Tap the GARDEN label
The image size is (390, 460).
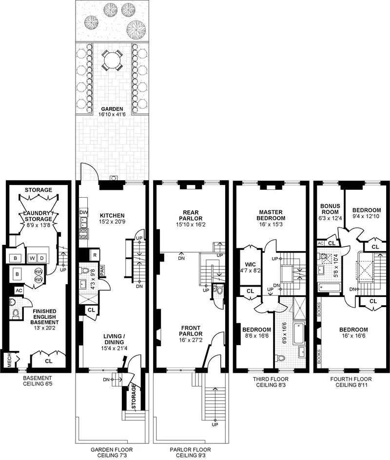(112, 109)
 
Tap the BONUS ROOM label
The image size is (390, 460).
(330, 209)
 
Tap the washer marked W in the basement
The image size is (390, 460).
(31, 257)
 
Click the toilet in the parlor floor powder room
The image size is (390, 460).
(219, 292)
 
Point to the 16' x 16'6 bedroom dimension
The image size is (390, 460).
(353, 336)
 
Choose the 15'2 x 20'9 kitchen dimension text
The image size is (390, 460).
(112, 221)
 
